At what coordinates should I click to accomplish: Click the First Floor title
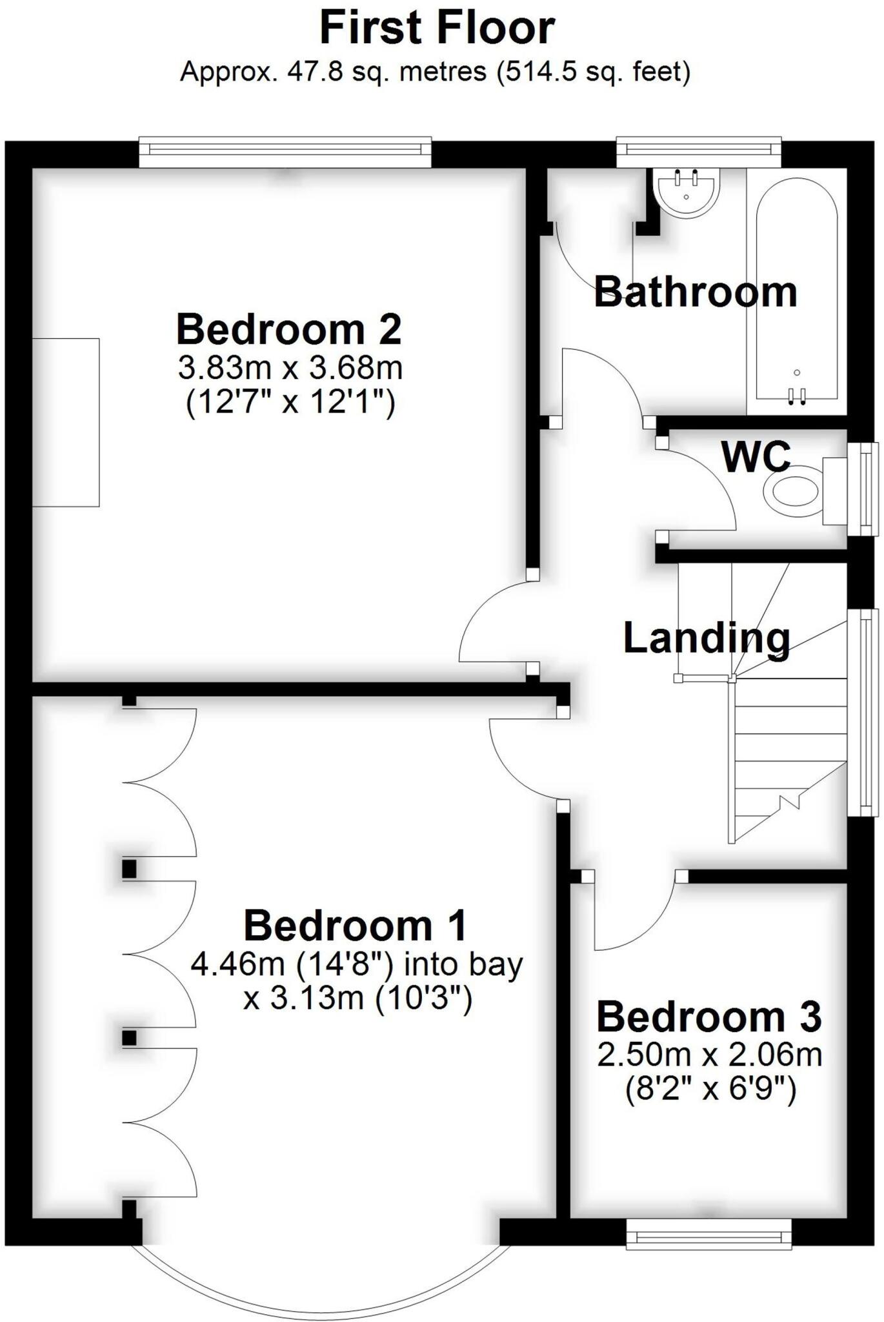point(437,29)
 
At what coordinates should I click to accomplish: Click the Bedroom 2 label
point(288,329)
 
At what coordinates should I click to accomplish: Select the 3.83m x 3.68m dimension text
point(290,369)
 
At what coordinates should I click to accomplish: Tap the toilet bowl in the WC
point(792,494)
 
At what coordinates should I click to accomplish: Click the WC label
point(756,456)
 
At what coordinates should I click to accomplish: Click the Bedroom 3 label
point(708,1017)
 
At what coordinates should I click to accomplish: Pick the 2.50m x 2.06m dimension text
point(709,1055)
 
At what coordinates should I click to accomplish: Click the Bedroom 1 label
point(355,926)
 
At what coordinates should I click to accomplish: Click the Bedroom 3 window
point(708,1234)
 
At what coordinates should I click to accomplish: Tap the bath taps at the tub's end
point(796,396)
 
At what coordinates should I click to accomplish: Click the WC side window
point(864,489)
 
